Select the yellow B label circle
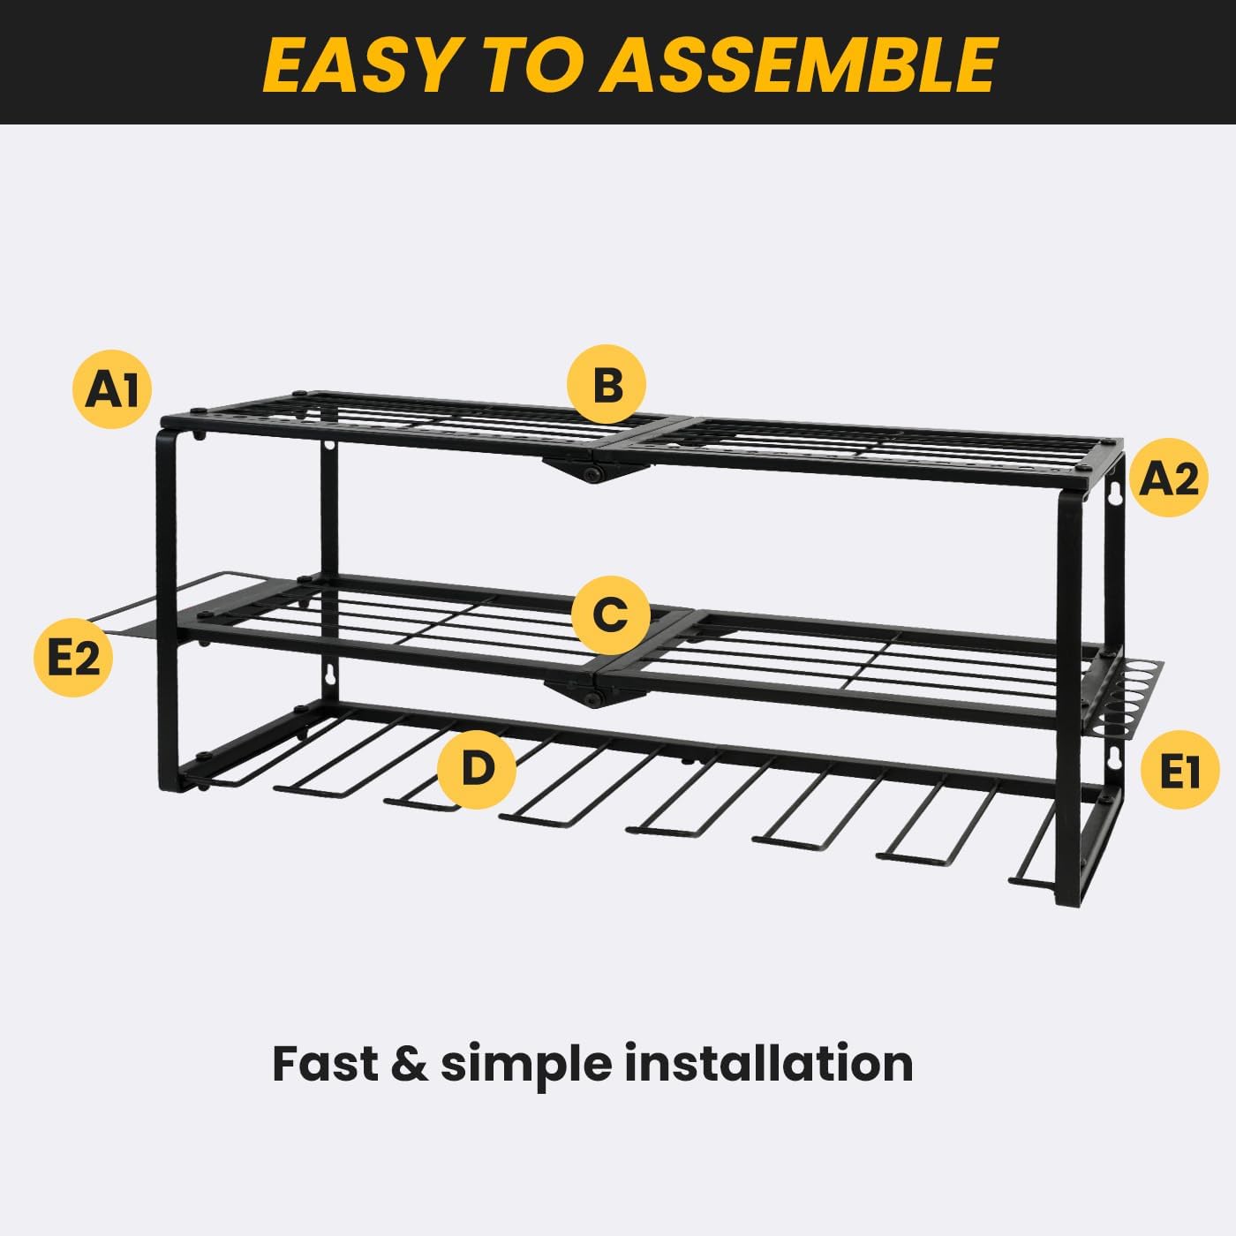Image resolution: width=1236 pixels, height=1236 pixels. pyautogui.click(x=607, y=385)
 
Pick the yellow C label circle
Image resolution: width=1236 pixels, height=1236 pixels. pyautogui.click(x=610, y=614)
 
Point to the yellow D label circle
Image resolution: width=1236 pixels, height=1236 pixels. pyautogui.click(x=477, y=768)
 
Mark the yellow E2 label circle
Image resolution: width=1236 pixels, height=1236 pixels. pyautogui.click(x=73, y=658)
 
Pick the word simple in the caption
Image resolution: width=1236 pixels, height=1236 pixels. pyautogui.click(x=525, y=1064)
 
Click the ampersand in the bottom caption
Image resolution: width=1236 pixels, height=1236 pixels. pyautogui.click(x=409, y=1063)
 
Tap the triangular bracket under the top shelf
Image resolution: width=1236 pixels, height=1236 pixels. pyautogui.click(x=590, y=468)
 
